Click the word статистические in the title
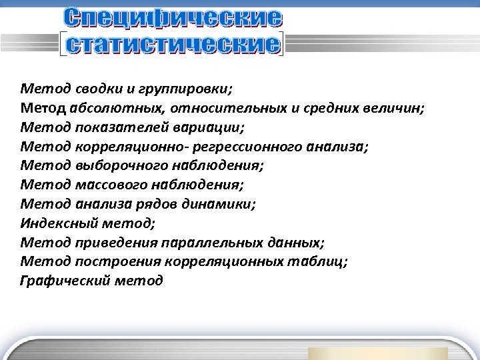[x=170, y=45]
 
